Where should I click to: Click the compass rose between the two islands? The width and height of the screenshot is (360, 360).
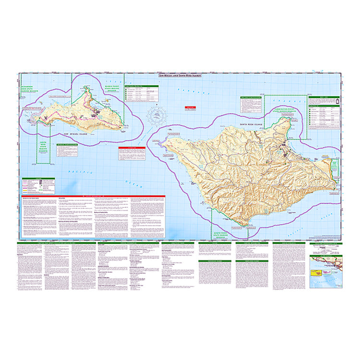tap(158, 115)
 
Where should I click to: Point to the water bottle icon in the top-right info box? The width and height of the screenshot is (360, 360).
tap(337, 103)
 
